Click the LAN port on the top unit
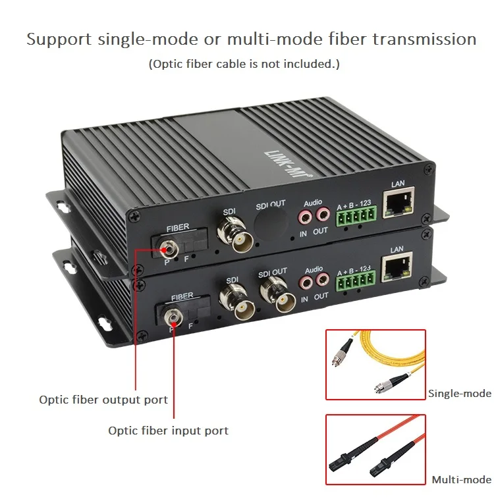tap(398, 202)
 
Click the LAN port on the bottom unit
tap(397, 267)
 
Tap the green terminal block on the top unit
tap(356, 216)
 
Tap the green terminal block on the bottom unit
tap(356, 280)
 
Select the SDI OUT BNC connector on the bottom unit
tap(278, 295)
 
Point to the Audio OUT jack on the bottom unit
tap(323, 280)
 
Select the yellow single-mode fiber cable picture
tap(376, 365)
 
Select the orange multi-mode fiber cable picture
tap(376, 450)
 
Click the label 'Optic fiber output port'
tap(103, 400)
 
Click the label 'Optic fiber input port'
tap(168, 431)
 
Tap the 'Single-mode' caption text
tap(460, 394)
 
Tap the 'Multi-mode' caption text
tap(462, 479)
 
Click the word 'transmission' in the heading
tap(424, 39)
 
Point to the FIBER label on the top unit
tap(178, 228)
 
